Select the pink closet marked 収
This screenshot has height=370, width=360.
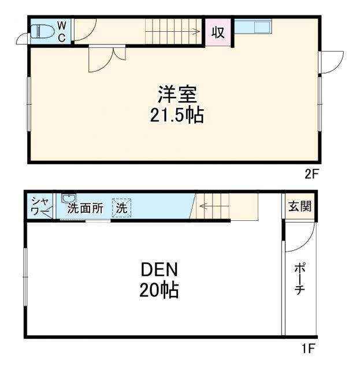[x=218, y=32]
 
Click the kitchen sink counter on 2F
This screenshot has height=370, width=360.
[x=255, y=27]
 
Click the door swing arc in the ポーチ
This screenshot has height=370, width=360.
[x=306, y=237]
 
